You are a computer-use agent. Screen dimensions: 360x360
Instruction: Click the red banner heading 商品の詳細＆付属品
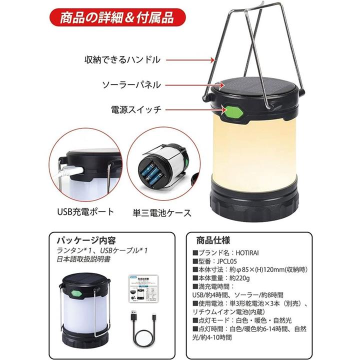pos(117,17)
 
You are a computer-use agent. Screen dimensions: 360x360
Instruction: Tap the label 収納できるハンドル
pos(122,59)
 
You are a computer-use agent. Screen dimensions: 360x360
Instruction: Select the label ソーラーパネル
pos(131,85)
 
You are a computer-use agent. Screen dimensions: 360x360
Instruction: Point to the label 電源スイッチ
pos(136,109)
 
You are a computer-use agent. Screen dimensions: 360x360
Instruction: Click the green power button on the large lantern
pos(232,112)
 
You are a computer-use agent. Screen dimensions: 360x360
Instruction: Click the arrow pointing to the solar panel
pos(195,85)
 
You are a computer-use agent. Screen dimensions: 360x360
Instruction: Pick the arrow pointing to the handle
pos(190,60)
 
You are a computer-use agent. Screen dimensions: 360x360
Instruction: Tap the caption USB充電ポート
pos(85,211)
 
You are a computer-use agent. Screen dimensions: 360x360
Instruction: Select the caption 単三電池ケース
pos(162,213)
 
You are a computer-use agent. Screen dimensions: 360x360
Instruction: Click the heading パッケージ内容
pos(86,240)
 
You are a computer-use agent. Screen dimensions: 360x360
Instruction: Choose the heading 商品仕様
pos(213,240)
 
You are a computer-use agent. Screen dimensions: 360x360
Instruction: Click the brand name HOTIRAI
pos(247,253)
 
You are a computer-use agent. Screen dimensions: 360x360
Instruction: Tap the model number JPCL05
pos(227,261)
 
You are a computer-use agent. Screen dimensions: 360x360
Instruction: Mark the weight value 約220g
pos(239,278)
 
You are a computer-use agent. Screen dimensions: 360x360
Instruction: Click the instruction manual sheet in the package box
pos(140,288)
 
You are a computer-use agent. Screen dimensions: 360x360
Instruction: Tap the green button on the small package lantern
pos(76,294)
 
